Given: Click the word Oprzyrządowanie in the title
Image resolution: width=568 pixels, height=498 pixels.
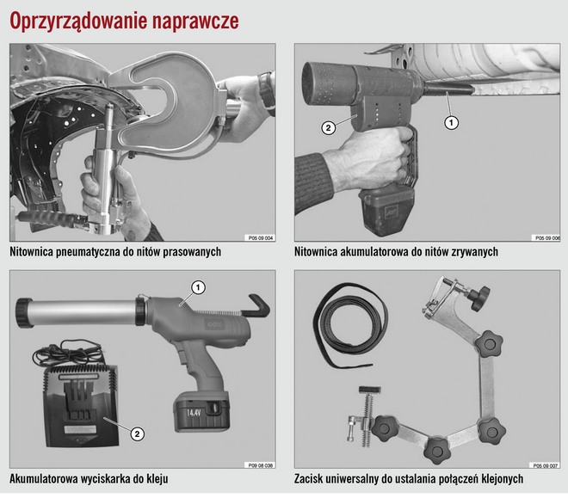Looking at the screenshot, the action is [x=77, y=22].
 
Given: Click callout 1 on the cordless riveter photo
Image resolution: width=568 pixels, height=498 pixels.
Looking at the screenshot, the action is [x=451, y=123].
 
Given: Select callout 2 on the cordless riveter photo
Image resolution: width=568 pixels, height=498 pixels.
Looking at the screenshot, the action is [x=328, y=128].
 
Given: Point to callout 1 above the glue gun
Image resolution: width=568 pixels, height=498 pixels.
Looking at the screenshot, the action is [x=198, y=288].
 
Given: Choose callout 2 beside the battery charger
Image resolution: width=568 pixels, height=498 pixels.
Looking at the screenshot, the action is [x=137, y=433].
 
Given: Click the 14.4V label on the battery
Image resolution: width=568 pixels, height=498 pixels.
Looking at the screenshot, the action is [x=194, y=412].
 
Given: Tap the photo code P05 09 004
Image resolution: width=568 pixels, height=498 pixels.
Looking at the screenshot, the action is [x=261, y=237].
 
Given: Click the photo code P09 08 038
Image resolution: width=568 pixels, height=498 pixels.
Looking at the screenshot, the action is [x=261, y=465].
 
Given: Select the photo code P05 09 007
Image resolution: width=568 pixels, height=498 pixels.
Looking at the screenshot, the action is [x=545, y=465].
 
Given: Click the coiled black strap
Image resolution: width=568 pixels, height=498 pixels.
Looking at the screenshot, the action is [x=350, y=325].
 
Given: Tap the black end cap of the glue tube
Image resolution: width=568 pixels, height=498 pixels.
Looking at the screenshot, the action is [x=24, y=312].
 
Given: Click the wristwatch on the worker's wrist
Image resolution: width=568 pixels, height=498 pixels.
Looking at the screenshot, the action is [x=267, y=92].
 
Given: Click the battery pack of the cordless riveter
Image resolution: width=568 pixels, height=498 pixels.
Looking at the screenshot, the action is [x=386, y=210].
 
